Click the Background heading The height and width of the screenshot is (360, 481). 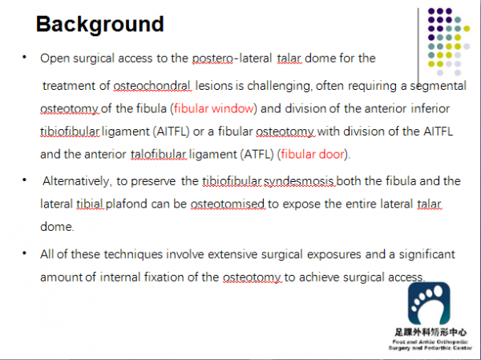100,25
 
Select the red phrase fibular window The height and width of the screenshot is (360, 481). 214,109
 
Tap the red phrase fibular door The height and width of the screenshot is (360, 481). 313,154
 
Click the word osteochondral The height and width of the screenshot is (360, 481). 152,86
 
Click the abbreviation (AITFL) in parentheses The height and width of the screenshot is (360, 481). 172,131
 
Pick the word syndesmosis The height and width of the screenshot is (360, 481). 299,181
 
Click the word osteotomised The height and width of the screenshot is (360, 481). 228,204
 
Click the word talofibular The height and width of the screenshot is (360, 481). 158,154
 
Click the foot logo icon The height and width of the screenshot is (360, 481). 429,303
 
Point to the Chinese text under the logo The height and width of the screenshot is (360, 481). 430,333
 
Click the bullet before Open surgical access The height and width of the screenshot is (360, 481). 25,57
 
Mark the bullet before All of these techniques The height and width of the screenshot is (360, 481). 25,253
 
